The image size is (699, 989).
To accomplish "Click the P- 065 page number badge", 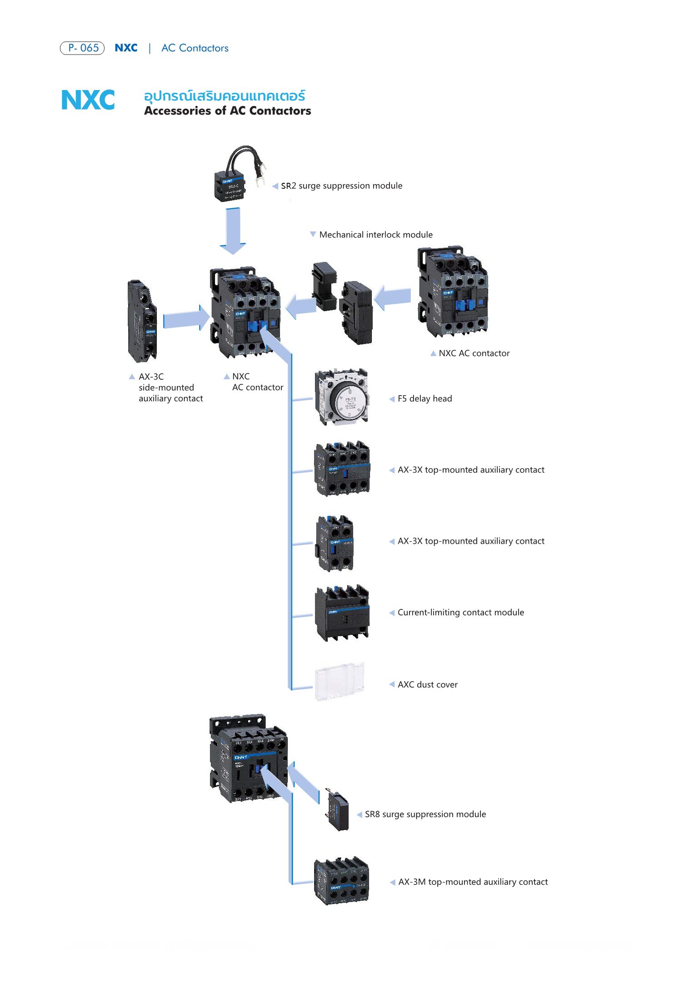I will point(82,48).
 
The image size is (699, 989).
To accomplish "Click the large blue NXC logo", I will point(88,100).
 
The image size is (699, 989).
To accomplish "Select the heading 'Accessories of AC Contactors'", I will point(227,111).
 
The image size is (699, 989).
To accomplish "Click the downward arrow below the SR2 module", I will point(233,231).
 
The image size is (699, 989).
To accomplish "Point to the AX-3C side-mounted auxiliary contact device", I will point(142,321).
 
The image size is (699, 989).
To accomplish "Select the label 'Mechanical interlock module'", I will point(375,235).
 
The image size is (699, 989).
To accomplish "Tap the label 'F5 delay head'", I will point(424,399).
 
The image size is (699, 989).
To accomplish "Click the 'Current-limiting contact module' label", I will point(460,612).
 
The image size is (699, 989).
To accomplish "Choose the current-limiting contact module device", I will point(342,613).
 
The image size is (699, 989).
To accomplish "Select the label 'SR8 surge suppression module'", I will point(425,814).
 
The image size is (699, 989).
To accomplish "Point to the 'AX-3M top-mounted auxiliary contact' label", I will point(473,882).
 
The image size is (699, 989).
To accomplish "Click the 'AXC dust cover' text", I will point(427,685).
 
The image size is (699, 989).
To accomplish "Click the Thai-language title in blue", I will point(225,96).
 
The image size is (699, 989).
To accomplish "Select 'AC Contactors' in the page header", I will point(195,48).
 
